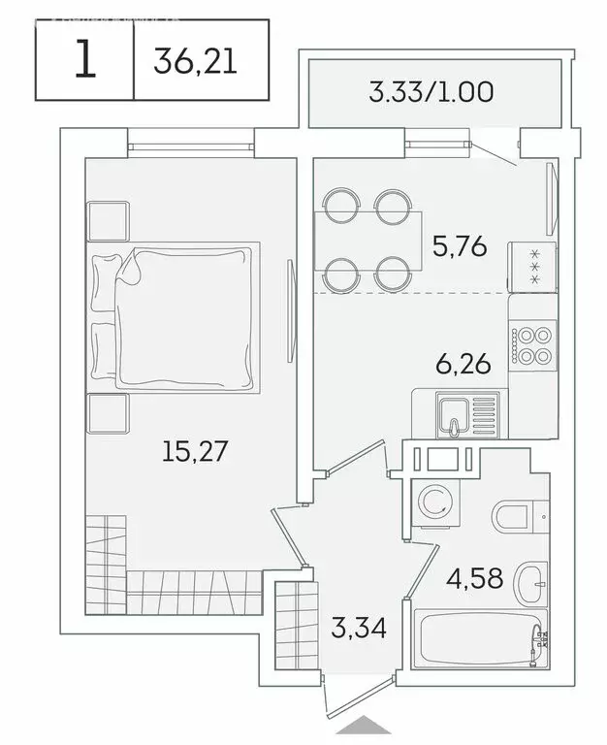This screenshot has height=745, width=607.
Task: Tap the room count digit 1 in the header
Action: (85, 62)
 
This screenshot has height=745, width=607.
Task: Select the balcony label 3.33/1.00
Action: (431, 93)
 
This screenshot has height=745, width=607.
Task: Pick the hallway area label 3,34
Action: (360, 628)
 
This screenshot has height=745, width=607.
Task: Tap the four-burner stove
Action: (533, 345)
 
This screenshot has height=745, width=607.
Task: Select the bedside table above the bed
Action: (109, 222)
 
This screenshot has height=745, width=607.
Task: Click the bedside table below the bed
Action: (109, 414)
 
